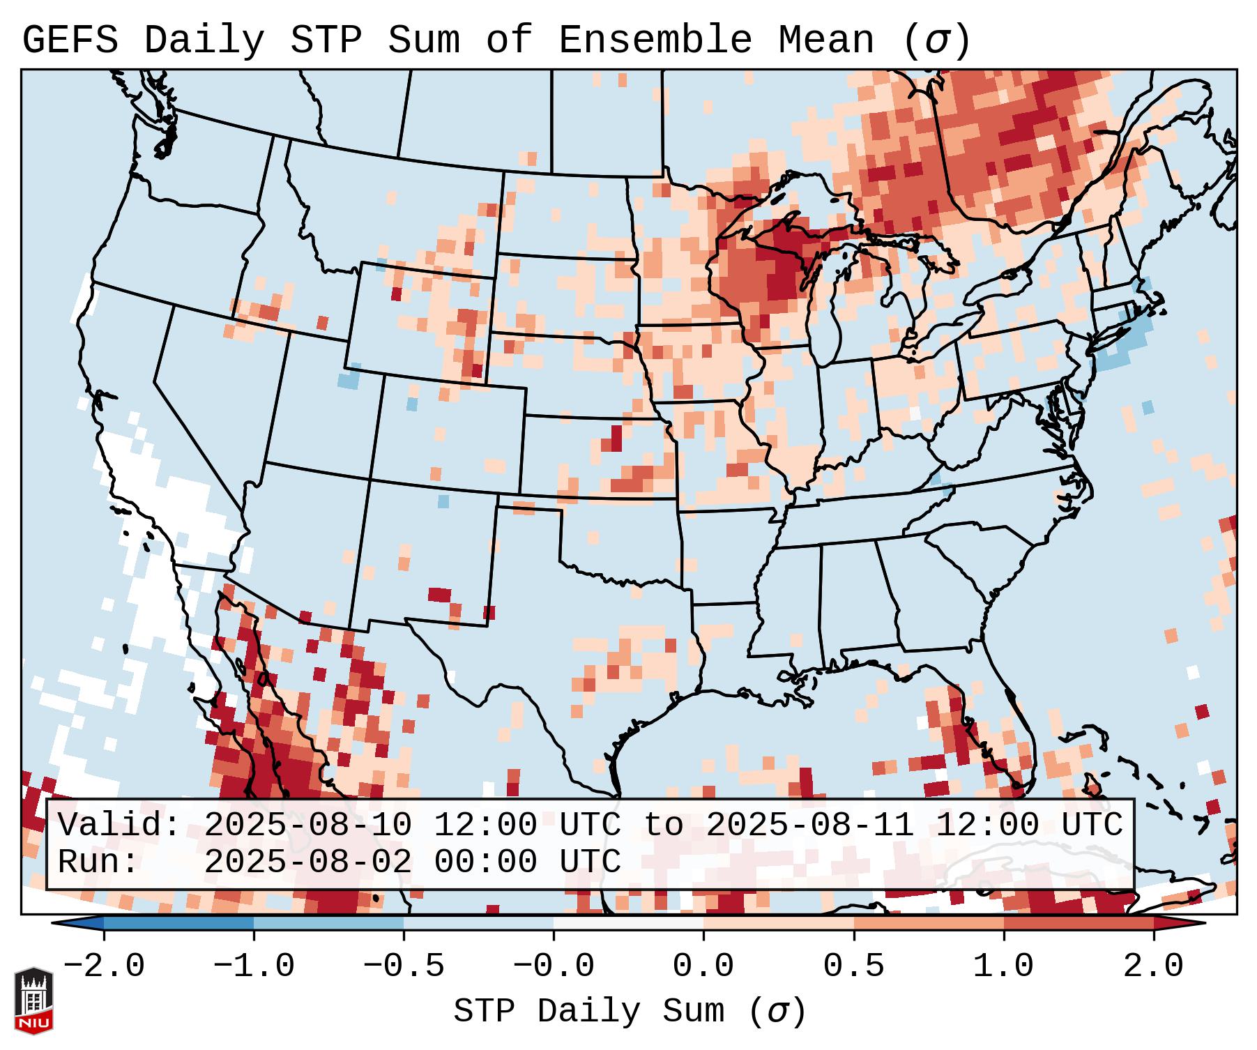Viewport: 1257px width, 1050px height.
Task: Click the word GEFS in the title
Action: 70,40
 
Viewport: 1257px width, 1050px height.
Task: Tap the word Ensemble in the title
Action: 655,40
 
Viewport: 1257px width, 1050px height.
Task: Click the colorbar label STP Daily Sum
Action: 588,1012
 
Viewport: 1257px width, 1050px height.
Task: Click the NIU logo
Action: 33,1000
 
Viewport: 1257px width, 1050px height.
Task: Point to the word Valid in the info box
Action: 119,825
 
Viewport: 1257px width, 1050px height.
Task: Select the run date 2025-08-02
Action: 307,862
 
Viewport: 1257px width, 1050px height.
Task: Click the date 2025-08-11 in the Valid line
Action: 809,825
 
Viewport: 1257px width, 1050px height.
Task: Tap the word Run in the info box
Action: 98,862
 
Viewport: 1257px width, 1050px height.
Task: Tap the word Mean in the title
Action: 825,40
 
